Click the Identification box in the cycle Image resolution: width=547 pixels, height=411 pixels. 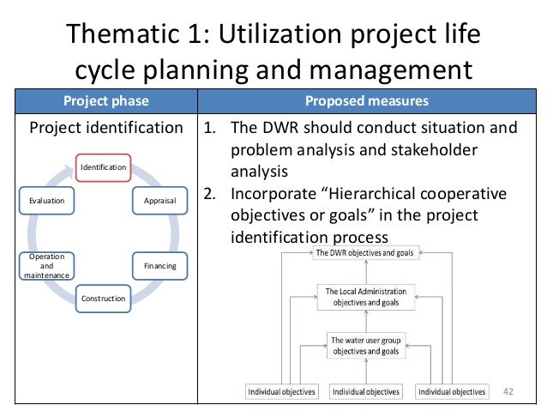pyautogui.click(x=103, y=166)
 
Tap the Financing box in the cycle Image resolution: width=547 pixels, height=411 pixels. pyautogui.click(x=159, y=266)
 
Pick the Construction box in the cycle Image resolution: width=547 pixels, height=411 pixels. pyautogui.click(x=103, y=299)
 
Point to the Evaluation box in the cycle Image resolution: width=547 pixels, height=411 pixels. pyautogui.click(x=46, y=200)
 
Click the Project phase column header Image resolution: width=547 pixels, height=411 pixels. pyautogui.click(x=105, y=101)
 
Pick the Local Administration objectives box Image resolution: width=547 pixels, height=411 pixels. pyautogui.click(x=366, y=296)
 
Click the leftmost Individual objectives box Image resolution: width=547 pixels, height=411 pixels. pyautogui.click(x=281, y=392)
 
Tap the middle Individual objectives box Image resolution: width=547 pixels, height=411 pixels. pyautogui.click(x=366, y=392)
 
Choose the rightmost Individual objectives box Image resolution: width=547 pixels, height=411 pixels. pyautogui.click(x=451, y=392)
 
